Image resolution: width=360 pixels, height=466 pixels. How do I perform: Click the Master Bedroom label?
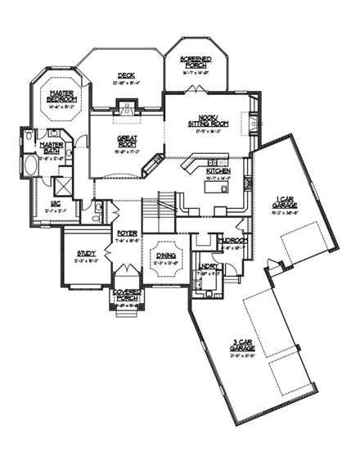click(x=62, y=96)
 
